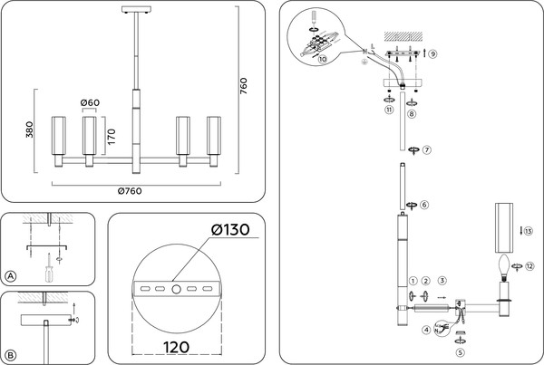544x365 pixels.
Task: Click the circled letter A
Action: (x=11, y=276)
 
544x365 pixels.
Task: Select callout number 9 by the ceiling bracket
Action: (x=433, y=54)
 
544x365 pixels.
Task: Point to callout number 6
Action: (x=424, y=205)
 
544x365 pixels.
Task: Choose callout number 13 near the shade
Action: (x=529, y=232)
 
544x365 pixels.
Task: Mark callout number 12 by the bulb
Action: (x=529, y=266)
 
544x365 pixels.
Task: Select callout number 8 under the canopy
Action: (x=412, y=115)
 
